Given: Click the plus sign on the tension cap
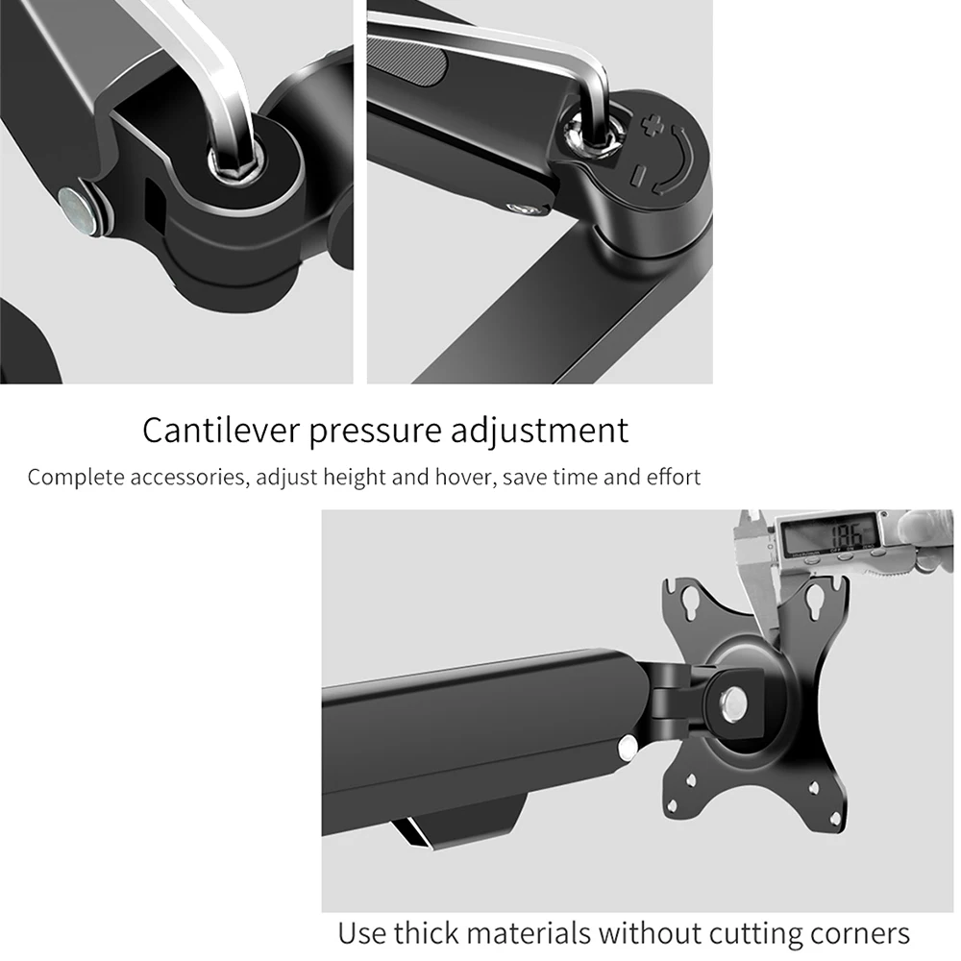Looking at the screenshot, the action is pos(653,126).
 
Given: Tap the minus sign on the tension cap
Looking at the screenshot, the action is pos(639,174).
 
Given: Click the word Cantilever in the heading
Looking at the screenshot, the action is pos(222,430).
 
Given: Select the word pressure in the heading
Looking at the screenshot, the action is pos(375,432).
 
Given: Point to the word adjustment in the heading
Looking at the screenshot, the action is pos(539,431).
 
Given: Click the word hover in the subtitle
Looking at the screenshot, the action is pos(463,477).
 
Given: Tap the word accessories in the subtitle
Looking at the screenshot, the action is pos(189,477).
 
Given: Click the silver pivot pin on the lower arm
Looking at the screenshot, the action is pos(627,748).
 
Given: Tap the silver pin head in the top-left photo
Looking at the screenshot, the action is pos(78,209).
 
